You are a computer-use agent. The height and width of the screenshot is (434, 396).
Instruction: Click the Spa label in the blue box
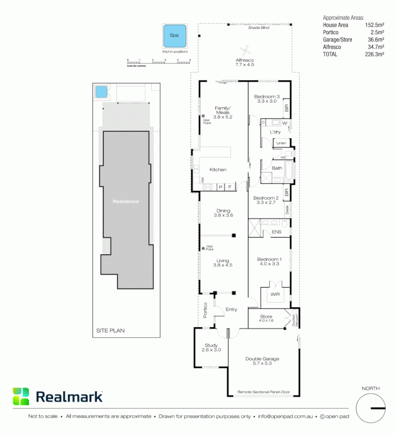174,35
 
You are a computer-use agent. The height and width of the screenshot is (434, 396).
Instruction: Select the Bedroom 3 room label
266,97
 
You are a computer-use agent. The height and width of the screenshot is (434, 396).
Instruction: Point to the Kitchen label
218,170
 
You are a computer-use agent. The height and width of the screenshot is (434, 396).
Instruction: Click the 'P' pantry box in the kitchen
220,187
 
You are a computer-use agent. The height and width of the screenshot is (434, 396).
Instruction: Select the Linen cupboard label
281,143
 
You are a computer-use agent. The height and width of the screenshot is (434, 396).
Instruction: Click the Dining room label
223,211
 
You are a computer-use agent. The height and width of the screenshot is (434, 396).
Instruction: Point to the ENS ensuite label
276,232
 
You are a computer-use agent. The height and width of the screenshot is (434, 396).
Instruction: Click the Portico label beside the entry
205,310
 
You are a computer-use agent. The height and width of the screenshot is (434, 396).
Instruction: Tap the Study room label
211,345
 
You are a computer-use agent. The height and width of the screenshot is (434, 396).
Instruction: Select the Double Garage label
262,359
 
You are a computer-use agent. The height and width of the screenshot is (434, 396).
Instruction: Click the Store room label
266,317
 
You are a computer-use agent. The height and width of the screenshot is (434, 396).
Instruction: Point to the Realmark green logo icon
21,396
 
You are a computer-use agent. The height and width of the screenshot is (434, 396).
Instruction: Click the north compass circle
371,408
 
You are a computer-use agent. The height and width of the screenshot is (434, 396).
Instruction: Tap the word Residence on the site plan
126,201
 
